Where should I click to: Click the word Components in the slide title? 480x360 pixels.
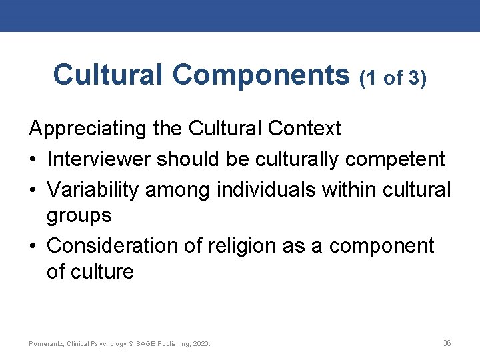click(261, 75)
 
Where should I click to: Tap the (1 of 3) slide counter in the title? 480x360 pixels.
click(393, 78)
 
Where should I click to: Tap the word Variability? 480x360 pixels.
click(93, 189)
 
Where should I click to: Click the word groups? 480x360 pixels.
click(79, 215)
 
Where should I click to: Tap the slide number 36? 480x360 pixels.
click(447, 343)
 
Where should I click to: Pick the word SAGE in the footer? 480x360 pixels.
click(148, 344)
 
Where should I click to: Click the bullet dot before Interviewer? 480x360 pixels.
click(33, 160)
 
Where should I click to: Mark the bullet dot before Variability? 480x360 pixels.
click(33, 190)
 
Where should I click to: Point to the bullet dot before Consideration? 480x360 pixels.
click(33, 246)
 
